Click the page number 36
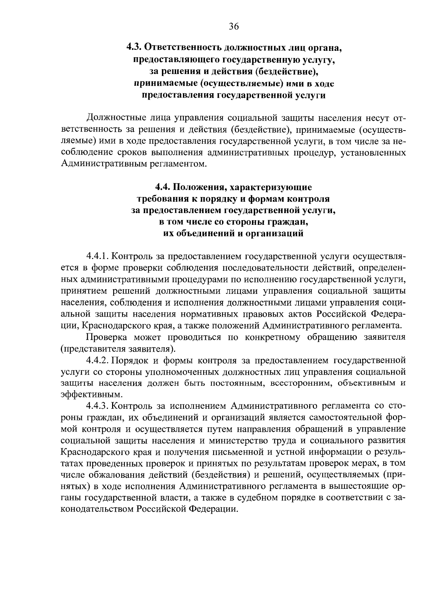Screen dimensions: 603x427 (234, 27)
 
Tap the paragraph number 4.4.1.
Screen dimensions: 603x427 (97, 256)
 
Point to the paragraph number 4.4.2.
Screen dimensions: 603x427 (97, 361)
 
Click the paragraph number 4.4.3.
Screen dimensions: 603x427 (97, 406)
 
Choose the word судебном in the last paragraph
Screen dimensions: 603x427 (255, 497)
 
